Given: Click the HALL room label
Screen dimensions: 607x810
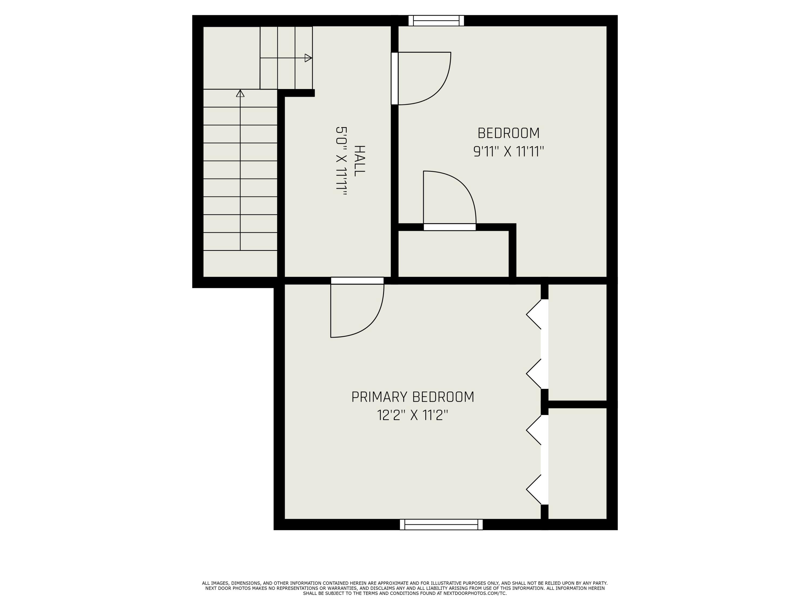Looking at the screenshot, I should [x=360, y=161].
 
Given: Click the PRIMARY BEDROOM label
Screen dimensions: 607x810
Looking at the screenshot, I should [x=413, y=397].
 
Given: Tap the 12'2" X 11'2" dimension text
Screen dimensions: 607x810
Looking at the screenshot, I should [x=413, y=415].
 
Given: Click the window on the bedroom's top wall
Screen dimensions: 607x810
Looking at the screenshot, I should [x=436, y=21].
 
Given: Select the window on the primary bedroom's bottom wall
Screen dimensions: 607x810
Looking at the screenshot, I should [x=441, y=524].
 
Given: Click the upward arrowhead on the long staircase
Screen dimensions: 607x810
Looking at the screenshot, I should [x=240, y=94].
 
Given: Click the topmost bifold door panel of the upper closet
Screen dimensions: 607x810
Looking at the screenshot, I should [x=534, y=314].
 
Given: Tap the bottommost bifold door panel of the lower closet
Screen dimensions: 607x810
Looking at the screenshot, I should [x=534, y=490].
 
